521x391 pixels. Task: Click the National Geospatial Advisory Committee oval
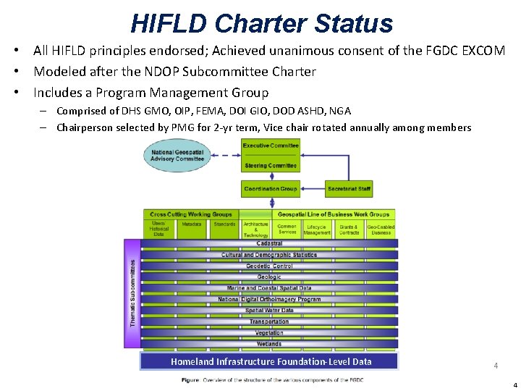click(177, 155)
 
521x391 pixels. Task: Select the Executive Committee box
click(271, 146)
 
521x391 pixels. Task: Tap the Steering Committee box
click(271, 166)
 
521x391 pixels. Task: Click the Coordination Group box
click(271, 189)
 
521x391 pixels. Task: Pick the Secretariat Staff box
click(349, 189)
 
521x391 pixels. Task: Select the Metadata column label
click(192, 224)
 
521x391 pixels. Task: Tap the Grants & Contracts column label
click(349, 230)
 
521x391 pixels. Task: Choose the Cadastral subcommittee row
click(269, 244)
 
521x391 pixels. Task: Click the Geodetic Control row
click(269, 266)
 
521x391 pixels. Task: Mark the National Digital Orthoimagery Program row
click(269, 299)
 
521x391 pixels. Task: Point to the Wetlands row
click(269, 344)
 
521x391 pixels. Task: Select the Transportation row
click(269, 321)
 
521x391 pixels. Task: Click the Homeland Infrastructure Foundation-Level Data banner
click(271, 361)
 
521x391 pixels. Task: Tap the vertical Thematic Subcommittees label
click(132, 293)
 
